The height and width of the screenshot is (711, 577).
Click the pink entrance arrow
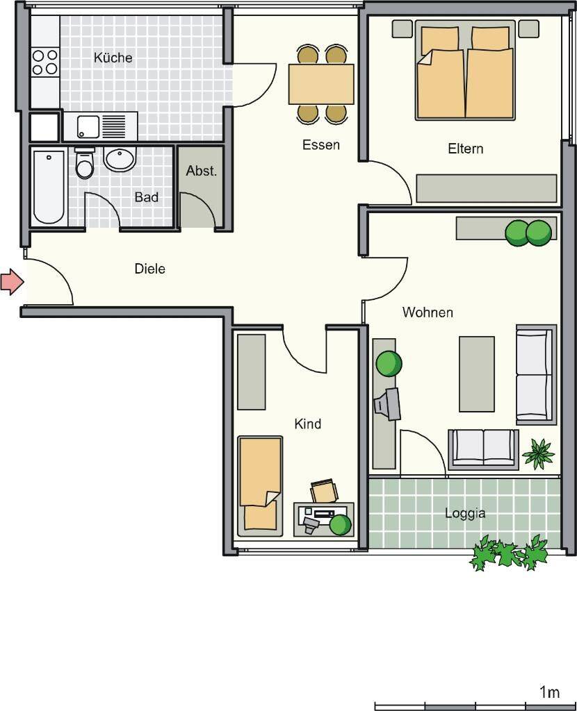coord(12,282)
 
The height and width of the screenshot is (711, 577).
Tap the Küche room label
coord(113,58)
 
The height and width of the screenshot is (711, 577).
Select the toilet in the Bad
coord(84,162)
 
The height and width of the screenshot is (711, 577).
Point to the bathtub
coord(49,187)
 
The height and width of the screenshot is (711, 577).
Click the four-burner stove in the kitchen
coord(45,62)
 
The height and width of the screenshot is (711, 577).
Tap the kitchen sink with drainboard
coord(101,126)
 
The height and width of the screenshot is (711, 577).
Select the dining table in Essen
coord(321,84)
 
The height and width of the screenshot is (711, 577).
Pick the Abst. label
coord(201,171)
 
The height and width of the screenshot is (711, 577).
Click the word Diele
coord(149,269)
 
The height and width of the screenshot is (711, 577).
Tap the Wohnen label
coord(428,312)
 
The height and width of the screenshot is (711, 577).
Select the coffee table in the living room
coord(477,374)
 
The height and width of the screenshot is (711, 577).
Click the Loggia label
coord(465,513)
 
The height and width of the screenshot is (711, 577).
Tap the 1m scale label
coord(549,692)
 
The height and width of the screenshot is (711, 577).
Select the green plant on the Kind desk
coord(341,525)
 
